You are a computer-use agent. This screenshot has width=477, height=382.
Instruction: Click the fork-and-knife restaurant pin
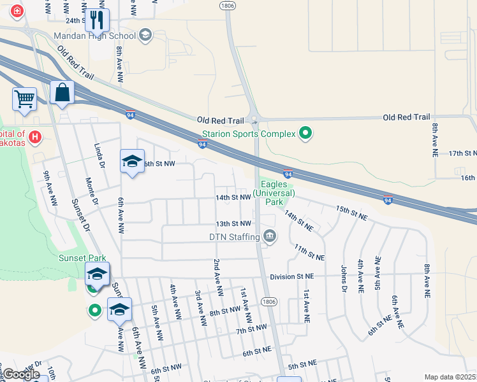point(97,20)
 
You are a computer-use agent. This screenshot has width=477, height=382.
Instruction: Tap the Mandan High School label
point(95,36)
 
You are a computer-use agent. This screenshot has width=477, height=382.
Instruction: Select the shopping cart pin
point(24,99)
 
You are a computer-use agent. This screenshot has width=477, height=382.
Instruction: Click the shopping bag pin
point(62,92)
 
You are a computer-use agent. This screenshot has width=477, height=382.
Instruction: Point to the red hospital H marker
point(35,136)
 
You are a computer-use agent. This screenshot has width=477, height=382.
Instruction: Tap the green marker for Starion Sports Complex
point(305,133)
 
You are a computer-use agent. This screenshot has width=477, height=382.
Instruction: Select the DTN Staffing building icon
point(270,237)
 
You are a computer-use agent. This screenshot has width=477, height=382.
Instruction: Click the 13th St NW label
point(233,223)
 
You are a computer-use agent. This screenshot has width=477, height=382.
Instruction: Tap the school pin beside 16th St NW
point(133,162)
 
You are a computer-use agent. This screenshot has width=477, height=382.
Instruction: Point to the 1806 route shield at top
point(228,5)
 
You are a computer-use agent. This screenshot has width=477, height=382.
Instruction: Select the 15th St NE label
point(351,212)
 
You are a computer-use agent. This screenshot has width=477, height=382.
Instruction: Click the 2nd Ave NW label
point(218,278)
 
